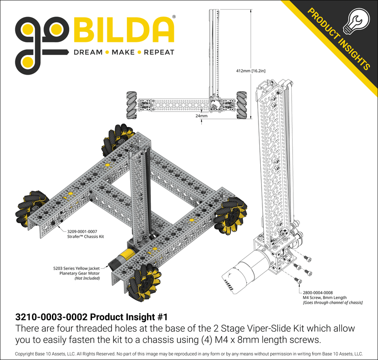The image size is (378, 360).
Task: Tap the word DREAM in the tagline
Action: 88,52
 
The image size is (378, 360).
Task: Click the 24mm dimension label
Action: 201,117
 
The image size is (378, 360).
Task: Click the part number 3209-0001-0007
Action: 82,232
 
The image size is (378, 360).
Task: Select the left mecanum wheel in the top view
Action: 132,105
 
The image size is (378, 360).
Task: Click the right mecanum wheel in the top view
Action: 242,105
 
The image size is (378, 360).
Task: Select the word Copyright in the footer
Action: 28,354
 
